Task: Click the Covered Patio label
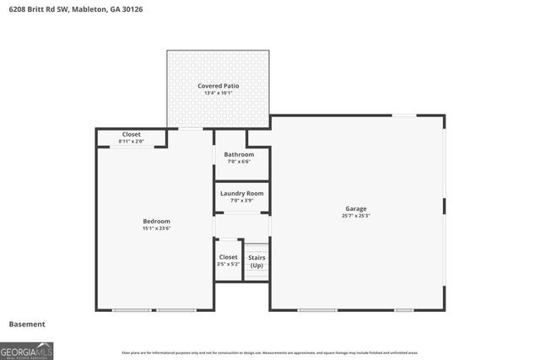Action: (218, 86)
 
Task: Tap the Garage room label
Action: (355, 208)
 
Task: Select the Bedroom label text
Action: (156, 221)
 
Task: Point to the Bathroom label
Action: (239, 154)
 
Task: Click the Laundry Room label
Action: (241, 193)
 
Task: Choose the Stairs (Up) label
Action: (256, 261)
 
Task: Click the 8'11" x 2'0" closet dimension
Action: (131, 142)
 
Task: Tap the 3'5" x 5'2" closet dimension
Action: (229, 264)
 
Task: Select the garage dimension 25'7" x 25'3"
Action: (355, 216)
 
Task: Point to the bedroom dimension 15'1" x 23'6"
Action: (156, 228)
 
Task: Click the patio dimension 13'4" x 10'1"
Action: (218, 93)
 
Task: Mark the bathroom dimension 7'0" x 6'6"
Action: (239, 161)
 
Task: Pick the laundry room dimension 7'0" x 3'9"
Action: (241, 201)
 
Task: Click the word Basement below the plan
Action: (27, 324)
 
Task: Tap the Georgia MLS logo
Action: (27, 350)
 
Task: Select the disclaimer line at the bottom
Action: (270, 352)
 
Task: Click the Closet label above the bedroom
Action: (131, 134)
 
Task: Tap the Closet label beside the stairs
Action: (229, 256)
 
